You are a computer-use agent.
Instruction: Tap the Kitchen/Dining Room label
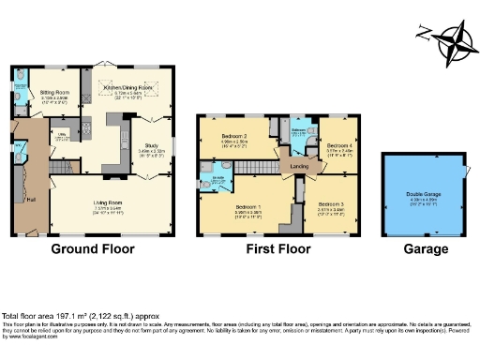tap(127, 86)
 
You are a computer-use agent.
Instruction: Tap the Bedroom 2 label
tap(234, 142)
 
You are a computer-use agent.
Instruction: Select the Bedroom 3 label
tap(330, 204)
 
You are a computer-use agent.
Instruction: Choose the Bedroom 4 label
tap(339, 146)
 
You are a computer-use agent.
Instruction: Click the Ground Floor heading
tap(93, 250)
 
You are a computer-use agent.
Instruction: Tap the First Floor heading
tap(277, 250)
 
